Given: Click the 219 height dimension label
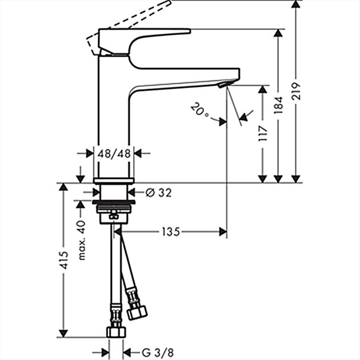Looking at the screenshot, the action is click(x=296, y=91).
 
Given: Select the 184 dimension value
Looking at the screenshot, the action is click(x=278, y=105).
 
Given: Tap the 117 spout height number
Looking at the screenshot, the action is click(x=263, y=133).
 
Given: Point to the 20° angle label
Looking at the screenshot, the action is click(x=199, y=110).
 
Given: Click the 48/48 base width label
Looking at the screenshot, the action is click(x=114, y=153).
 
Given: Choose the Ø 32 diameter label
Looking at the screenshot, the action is click(x=159, y=193).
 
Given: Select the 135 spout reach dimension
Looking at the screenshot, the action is click(x=171, y=231).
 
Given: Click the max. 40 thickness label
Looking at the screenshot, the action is click(x=82, y=240).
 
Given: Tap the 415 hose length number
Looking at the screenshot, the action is click(x=64, y=260).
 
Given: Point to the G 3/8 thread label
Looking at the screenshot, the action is click(x=158, y=353).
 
